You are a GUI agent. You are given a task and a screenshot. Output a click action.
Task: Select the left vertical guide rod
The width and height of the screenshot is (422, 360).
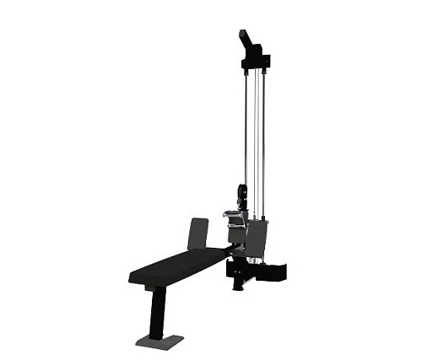(x=246, y=126)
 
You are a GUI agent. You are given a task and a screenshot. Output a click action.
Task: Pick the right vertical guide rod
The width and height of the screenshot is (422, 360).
(x=263, y=126)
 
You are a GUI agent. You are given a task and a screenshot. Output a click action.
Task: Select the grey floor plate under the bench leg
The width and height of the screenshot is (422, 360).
(x=160, y=341)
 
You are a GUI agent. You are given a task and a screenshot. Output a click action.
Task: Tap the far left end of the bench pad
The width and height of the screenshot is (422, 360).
(x=133, y=277)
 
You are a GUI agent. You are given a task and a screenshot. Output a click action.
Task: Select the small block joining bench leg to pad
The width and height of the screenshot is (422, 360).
(x=154, y=289)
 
